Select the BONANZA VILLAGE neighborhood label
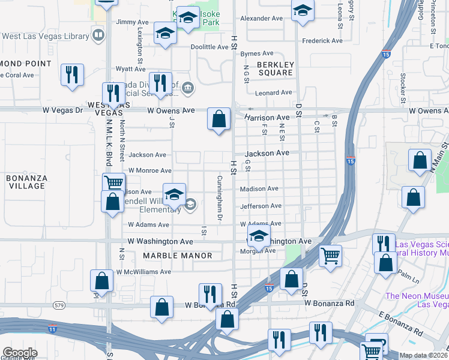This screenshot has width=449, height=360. coord(26,182)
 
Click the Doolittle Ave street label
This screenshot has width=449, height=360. coord(209,47)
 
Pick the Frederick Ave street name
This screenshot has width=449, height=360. coord(322,41)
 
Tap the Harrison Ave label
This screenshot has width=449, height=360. coord(267,118)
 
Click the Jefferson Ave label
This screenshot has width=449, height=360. coord(261,206)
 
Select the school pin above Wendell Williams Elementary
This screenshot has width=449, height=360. coord(174,195)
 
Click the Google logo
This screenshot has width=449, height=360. coord(20,353)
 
